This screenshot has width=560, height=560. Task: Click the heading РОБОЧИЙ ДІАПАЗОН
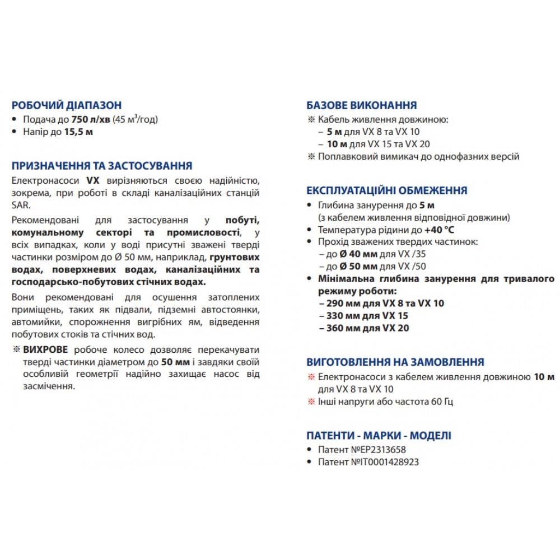coord(66,105)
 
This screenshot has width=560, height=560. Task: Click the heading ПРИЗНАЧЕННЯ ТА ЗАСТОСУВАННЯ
coord(101,166)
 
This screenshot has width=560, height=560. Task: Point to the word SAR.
coord(19,205)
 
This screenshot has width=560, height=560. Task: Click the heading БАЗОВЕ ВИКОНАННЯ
coord(361,105)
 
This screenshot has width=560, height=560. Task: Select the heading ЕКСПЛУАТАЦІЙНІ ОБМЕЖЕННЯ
coord(386,191)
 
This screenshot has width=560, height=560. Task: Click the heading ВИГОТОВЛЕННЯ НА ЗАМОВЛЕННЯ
coord(395,362)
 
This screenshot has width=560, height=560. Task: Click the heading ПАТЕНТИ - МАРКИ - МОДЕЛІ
coord(379,436)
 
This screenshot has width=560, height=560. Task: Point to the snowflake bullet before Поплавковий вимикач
coord(311,156)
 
